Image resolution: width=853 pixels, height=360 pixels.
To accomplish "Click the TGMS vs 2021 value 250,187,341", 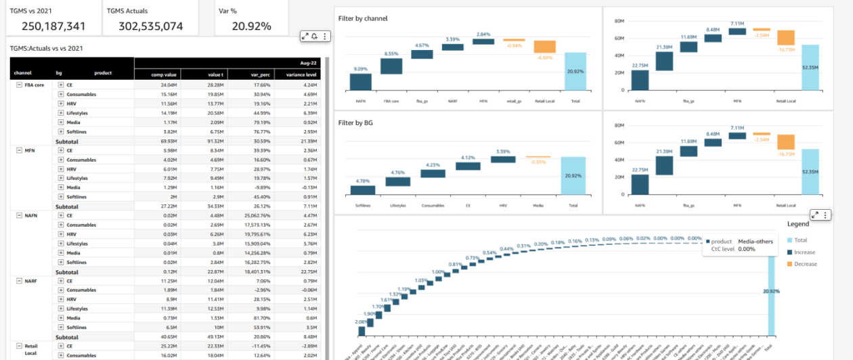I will click(53, 26).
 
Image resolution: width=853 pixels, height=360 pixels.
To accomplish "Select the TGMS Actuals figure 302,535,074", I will click(150, 26).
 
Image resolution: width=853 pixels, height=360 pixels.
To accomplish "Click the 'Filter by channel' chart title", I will click(363, 18).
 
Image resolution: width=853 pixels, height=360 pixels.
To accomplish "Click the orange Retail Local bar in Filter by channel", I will click(544, 47).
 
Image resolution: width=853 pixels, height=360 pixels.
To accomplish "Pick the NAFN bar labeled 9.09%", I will click(360, 82).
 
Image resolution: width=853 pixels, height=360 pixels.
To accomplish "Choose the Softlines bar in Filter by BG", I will click(362, 189).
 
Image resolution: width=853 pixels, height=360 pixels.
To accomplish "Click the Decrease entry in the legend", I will click(804, 264).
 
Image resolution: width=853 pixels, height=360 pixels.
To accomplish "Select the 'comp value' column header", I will click(163, 73).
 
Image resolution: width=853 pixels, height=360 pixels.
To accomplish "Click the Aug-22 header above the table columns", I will click(309, 62).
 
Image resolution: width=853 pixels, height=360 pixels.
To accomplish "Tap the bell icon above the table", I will click(315, 37).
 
